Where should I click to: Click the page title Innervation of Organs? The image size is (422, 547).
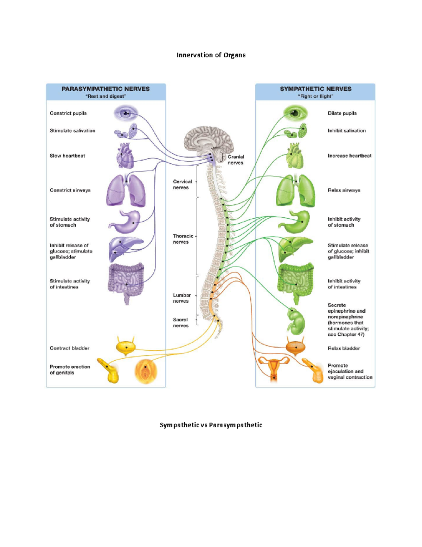pyautogui.click(x=211, y=55)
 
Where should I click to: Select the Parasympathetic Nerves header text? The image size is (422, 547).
pyautogui.click(x=105, y=89)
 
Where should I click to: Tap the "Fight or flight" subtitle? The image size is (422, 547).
pyautogui.click(x=315, y=96)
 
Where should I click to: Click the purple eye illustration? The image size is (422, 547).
pyautogui.click(x=126, y=113)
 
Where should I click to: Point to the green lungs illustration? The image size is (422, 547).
pyautogui.click(x=295, y=191)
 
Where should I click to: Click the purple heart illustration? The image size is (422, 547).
pyautogui.click(x=125, y=156)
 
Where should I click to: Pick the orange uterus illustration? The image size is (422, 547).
pyautogui.click(x=274, y=368)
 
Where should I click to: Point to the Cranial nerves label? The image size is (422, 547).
pyautogui.click(x=235, y=160)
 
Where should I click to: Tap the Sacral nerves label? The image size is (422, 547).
pyautogui.click(x=180, y=322)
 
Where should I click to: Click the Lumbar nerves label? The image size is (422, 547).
pyautogui.click(x=181, y=298)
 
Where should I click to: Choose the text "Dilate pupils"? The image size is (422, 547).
pyautogui.click(x=342, y=113)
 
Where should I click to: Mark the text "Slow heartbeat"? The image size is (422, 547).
pyautogui.click(x=67, y=156)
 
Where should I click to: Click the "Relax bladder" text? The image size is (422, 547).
pyautogui.click(x=344, y=348)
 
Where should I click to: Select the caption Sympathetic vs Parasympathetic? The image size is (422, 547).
pyautogui.click(x=211, y=425)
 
